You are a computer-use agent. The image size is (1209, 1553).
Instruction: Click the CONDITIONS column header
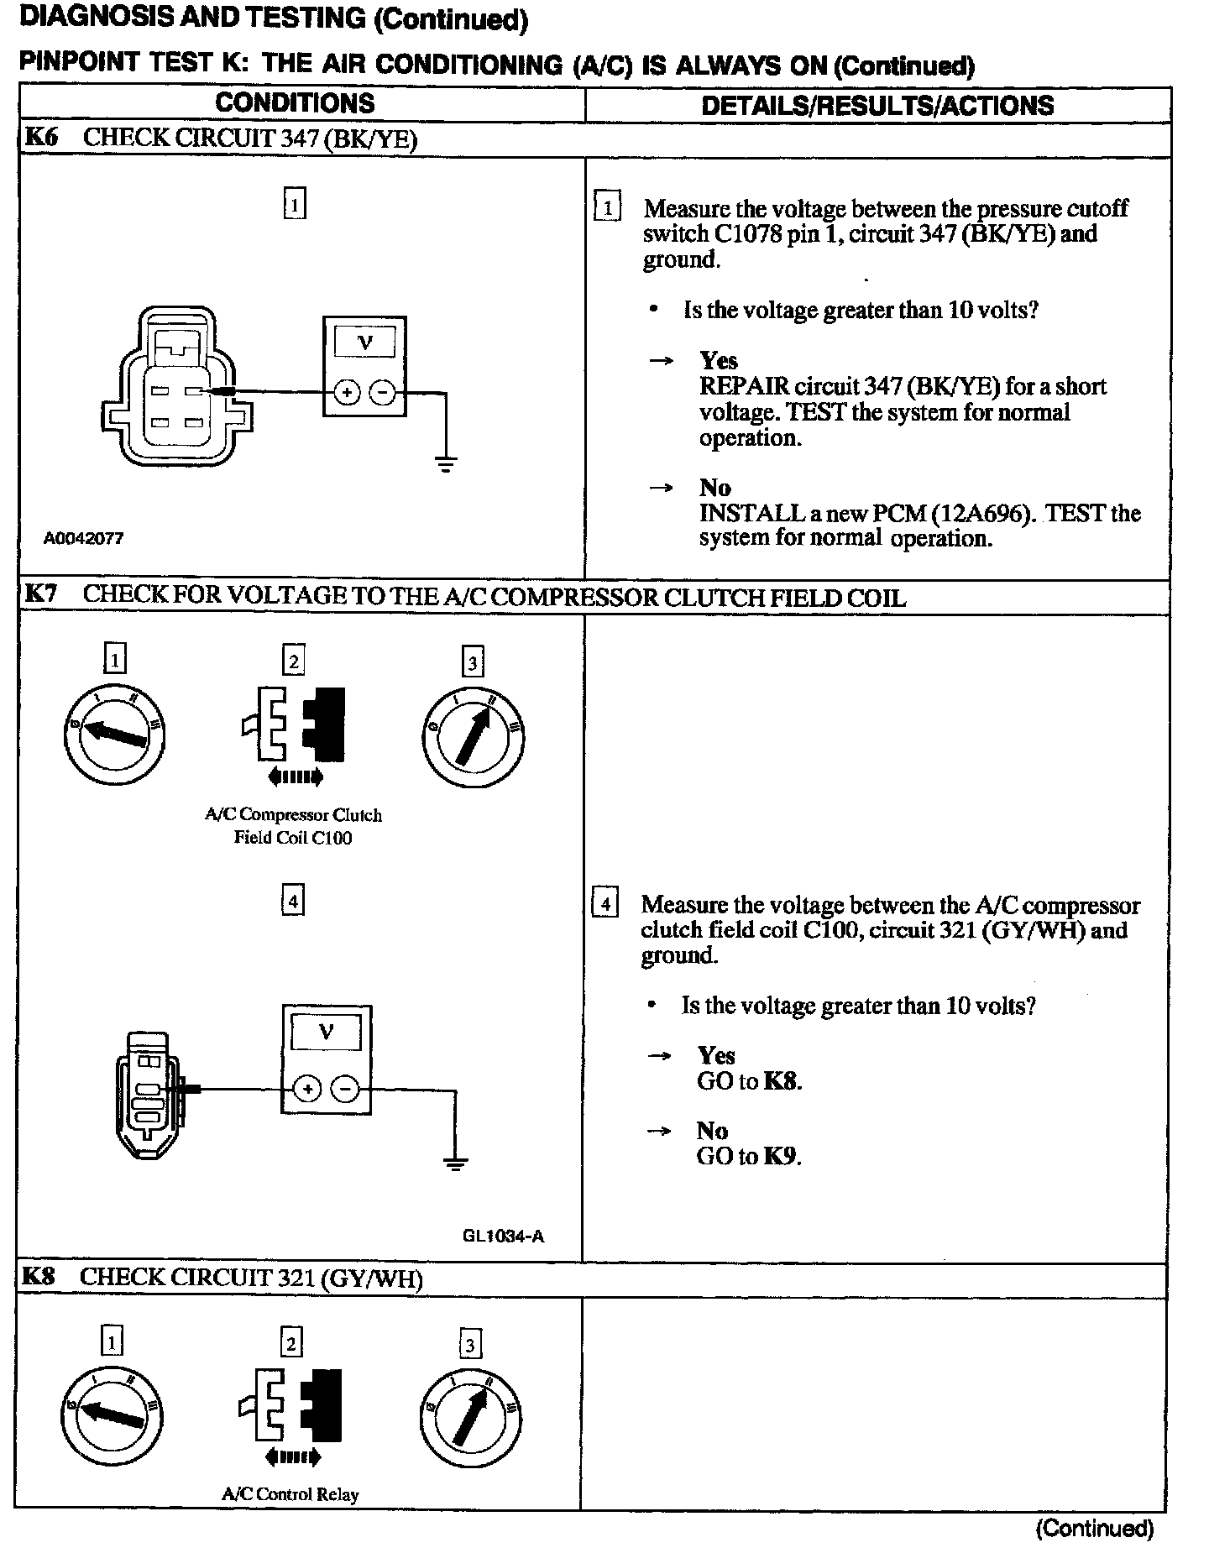coord(295,103)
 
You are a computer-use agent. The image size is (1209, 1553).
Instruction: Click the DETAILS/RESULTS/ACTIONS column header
coord(877,105)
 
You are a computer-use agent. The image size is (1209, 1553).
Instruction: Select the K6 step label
coord(40,138)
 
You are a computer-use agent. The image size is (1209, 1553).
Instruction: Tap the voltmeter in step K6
coord(364,365)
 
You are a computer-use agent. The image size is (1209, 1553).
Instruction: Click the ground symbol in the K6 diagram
coord(446,463)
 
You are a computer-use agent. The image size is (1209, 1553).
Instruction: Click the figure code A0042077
coord(83,538)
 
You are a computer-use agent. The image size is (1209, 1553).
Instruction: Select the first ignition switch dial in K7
coord(115,732)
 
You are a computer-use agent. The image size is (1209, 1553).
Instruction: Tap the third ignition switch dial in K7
coord(474,737)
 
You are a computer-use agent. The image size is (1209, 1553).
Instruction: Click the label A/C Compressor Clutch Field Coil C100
coord(293,826)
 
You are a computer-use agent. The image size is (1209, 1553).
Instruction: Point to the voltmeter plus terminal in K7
coord(308,1090)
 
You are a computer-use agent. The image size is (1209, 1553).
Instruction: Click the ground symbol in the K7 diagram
coord(455,1163)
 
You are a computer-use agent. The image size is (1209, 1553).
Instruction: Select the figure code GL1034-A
coord(503,1236)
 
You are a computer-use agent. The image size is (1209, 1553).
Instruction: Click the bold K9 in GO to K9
coord(781,1157)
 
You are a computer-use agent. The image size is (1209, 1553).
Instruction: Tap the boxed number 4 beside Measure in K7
coord(604,904)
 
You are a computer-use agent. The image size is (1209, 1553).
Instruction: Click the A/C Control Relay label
coord(290,1494)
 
